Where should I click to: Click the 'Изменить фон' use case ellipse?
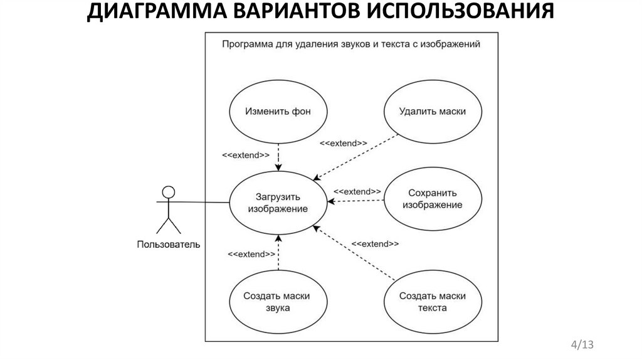(278, 113)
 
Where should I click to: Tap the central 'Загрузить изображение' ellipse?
(278, 201)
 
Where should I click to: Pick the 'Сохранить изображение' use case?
(433, 199)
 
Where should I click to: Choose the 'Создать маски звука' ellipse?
(278, 302)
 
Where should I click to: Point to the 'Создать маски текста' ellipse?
(433, 302)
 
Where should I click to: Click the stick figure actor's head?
(167, 191)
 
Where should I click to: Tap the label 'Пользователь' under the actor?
(169, 245)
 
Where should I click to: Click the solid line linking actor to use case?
(201, 202)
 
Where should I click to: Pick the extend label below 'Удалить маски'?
(344, 143)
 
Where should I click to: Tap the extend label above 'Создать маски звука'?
(251, 254)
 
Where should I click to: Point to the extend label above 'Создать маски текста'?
(375, 243)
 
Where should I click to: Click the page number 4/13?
(581, 344)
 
